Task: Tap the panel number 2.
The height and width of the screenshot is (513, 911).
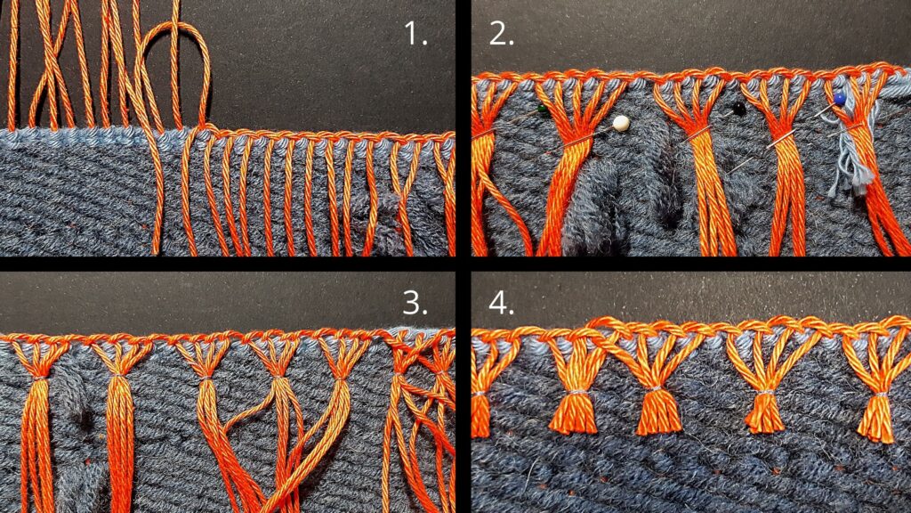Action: point(502,34)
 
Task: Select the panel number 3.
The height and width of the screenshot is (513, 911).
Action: point(415,302)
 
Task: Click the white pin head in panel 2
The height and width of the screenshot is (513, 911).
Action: point(621,123)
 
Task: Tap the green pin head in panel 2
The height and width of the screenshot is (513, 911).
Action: point(542,108)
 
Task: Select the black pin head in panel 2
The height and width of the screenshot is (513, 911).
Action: point(738,108)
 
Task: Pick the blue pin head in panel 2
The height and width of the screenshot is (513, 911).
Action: point(839,98)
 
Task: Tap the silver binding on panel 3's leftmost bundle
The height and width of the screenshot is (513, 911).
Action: point(39,378)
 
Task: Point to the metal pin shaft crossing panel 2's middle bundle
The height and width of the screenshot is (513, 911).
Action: point(697,135)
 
